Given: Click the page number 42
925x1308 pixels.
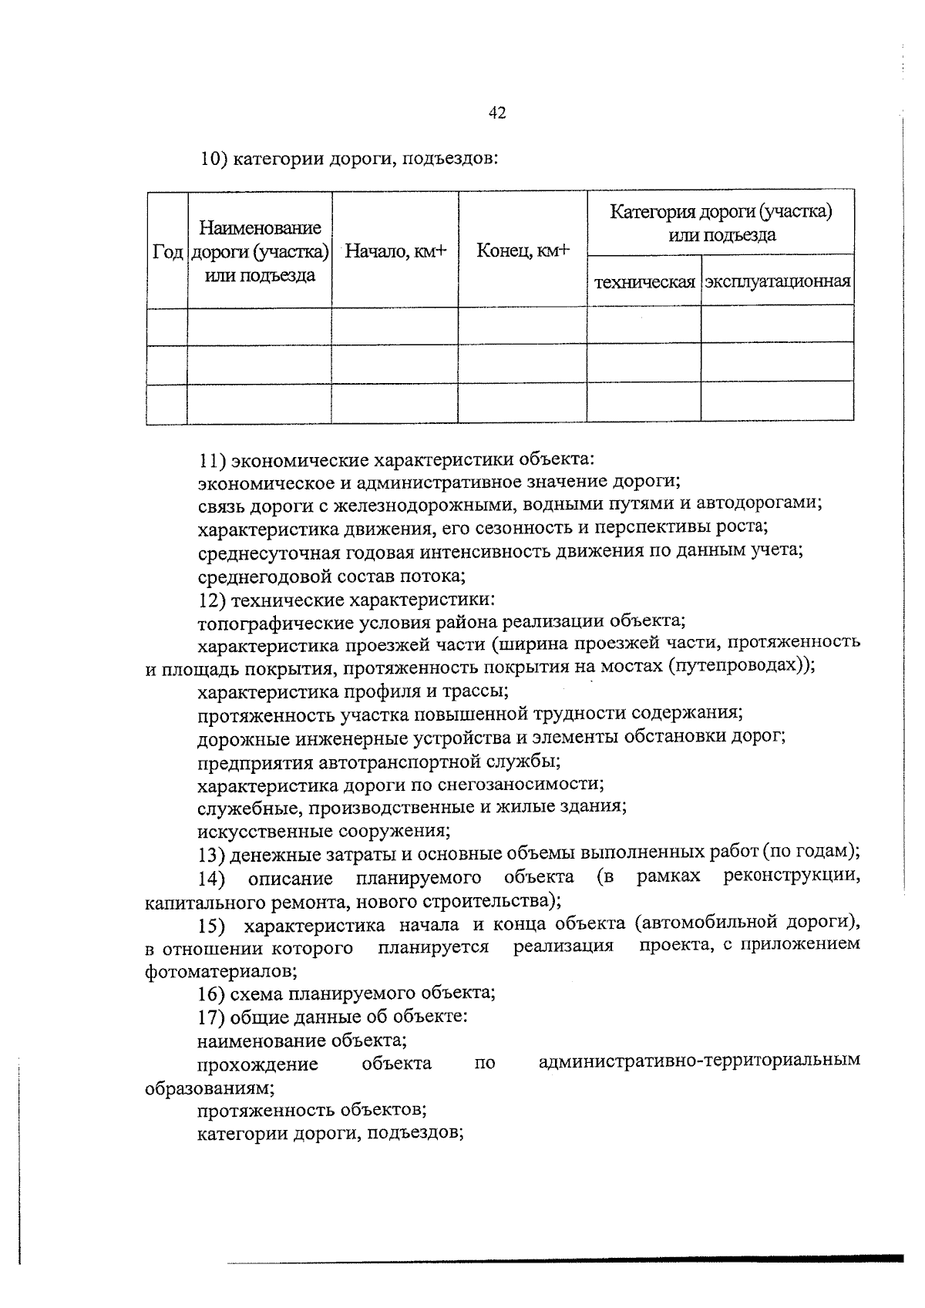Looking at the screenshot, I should click(497, 113).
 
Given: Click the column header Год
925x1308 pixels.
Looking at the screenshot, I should click(167, 252).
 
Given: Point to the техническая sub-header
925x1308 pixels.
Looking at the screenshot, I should click(644, 282).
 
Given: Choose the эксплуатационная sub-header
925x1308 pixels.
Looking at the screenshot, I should click(777, 281).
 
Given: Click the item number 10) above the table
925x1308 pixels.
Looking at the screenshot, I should click(213, 160).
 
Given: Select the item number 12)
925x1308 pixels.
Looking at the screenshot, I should click(212, 600).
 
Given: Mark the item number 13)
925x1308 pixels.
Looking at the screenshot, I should click(211, 853).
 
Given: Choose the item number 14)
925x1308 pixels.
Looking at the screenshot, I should click(211, 879).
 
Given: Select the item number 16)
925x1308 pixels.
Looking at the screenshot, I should click(211, 994).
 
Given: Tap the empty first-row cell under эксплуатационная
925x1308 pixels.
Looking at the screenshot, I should click(777, 324).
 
